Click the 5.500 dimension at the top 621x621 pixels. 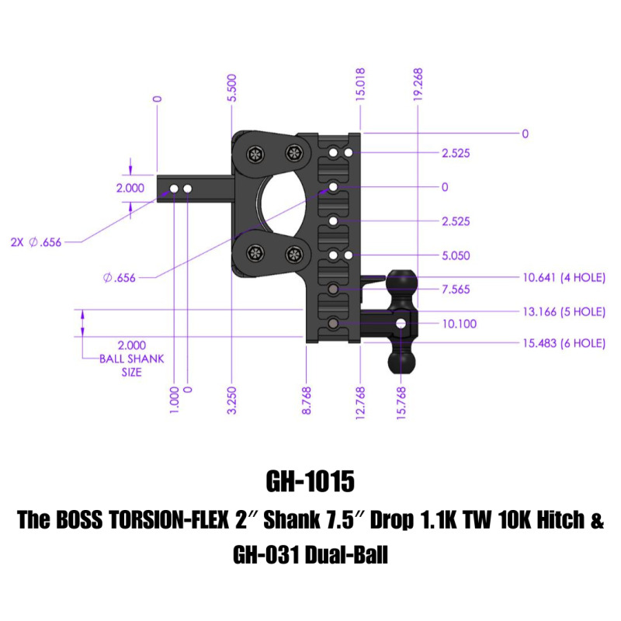tap(232, 88)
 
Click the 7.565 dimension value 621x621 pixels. tap(456, 290)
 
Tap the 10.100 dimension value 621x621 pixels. tap(458, 324)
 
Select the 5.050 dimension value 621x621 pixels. tap(456, 255)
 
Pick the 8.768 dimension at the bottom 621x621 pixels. tap(307, 400)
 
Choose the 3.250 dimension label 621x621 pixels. tap(232, 400)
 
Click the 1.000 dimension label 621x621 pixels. tap(174, 400)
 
